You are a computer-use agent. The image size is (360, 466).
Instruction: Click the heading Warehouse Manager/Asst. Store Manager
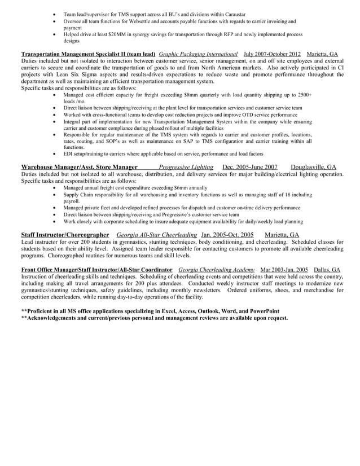coord(79,167)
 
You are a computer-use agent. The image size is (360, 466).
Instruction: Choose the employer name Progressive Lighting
coord(186,167)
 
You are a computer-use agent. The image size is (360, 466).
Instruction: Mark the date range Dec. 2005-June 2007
coord(250,167)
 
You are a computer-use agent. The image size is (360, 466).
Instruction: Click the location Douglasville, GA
coord(313,167)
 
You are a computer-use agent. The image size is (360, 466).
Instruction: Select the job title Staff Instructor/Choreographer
coord(65,235)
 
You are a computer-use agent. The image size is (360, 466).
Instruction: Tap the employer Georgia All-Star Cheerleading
coord(156,235)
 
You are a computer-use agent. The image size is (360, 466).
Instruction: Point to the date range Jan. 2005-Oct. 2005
coord(227,235)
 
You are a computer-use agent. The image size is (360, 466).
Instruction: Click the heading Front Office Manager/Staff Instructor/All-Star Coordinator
coord(96,270)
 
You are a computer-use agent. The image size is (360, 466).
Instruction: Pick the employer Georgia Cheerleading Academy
coord(216,270)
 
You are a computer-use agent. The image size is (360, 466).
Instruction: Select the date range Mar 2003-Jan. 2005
coord(284,270)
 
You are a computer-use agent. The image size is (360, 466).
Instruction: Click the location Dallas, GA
coord(327,270)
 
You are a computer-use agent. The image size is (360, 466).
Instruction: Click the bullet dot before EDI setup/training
coord(53,153)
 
